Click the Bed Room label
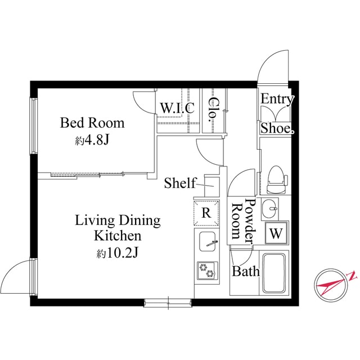92,123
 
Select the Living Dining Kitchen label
118,228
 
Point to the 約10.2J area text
118,253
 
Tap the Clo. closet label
213,110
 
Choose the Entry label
277,100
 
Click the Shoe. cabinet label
277,128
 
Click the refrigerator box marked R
206,213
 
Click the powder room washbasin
271,208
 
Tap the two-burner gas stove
206,270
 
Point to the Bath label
246,272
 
